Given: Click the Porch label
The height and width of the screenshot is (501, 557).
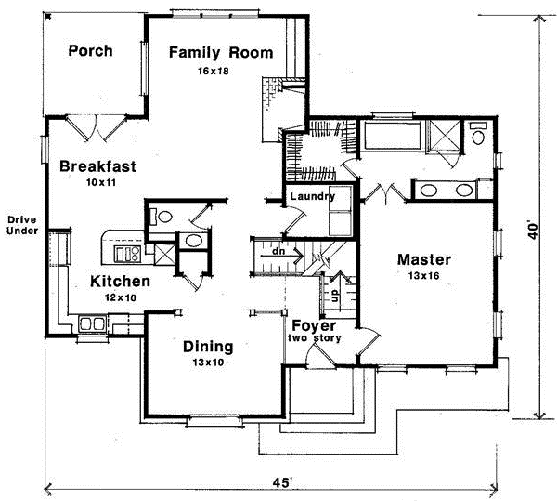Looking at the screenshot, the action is (x=91, y=51).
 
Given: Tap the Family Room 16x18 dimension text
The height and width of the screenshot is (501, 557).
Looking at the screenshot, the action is (x=214, y=72).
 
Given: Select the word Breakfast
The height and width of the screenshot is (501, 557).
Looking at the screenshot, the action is (x=97, y=166).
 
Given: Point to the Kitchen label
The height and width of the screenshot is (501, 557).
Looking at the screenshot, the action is (x=120, y=282).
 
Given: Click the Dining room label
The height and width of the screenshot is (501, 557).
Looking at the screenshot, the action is (x=208, y=347).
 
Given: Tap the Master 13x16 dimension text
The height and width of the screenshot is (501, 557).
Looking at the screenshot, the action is (x=424, y=275).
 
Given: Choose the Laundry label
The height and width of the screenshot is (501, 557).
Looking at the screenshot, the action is (x=313, y=196).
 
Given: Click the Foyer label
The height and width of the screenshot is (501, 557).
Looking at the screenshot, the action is (x=314, y=325).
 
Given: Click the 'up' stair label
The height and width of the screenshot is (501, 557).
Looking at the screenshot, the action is (x=334, y=296).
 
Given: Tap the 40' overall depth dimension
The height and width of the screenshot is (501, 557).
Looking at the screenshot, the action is (x=534, y=231).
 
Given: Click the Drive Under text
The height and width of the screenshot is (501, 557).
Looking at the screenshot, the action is (x=22, y=225).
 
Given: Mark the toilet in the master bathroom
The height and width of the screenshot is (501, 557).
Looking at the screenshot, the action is (x=478, y=134).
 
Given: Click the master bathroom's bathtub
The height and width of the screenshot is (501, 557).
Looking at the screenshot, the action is (x=392, y=136).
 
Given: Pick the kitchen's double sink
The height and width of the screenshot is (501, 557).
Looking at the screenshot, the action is (x=92, y=323).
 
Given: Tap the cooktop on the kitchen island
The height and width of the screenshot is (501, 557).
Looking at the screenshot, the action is (x=127, y=254).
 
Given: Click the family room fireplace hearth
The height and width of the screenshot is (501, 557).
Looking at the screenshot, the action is (x=271, y=110).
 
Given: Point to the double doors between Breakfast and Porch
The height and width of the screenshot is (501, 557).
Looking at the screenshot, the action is (x=96, y=128).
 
